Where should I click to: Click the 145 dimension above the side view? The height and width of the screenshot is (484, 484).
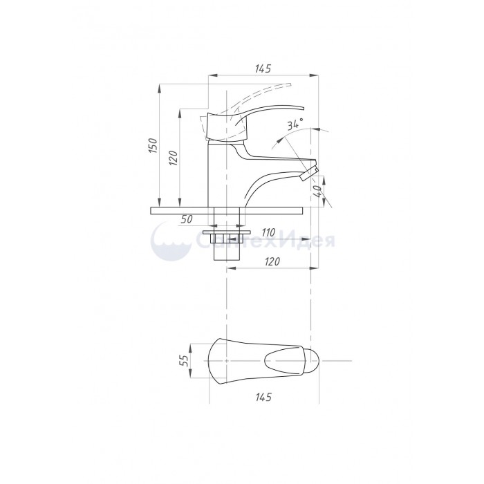[263, 68]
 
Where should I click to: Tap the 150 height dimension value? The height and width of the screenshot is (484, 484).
[153, 145]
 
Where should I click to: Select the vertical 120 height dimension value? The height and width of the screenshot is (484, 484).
[174, 158]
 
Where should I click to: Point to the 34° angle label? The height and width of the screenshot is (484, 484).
[295, 124]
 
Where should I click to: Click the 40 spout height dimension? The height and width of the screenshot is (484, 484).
[317, 192]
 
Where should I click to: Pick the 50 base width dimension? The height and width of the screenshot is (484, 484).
[187, 219]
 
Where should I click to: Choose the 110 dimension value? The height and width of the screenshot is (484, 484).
[268, 233]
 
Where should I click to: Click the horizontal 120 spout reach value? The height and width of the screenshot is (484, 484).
[272, 261]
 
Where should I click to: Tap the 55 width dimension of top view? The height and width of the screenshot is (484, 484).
[183, 360]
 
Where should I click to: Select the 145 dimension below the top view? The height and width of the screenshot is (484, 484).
[263, 397]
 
